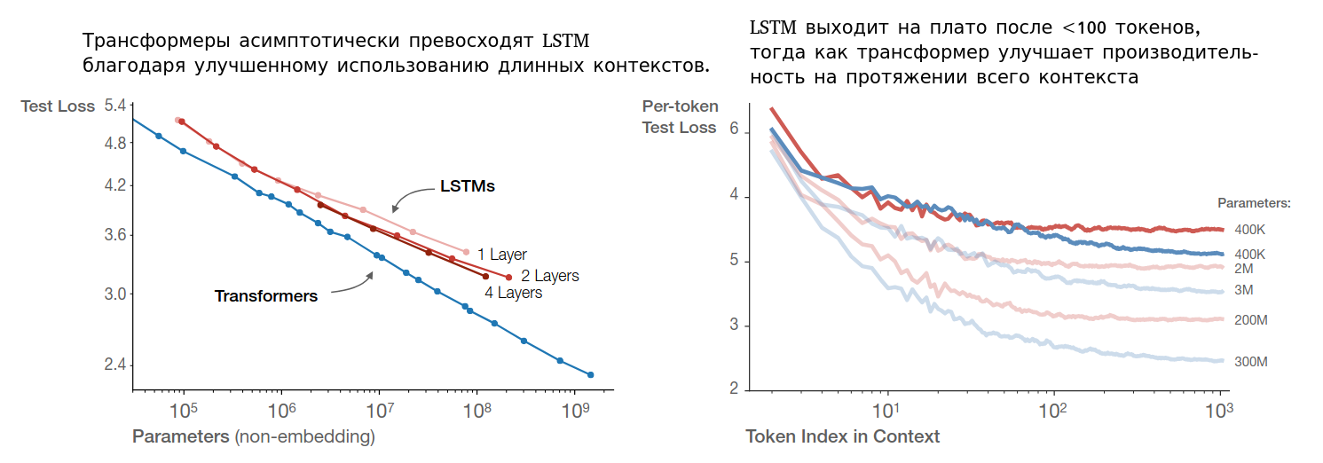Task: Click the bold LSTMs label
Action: pyautogui.click(x=468, y=187)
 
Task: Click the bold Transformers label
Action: pyautogui.click(x=266, y=296)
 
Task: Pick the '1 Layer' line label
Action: pyautogui.click(x=502, y=255)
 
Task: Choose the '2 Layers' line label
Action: pyautogui.click(x=549, y=276)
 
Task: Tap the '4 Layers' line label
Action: pyautogui.click(x=513, y=293)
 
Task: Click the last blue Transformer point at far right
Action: pyautogui.click(x=590, y=374)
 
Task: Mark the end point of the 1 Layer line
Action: pyautogui.click(x=466, y=252)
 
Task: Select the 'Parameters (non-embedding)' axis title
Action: pyautogui.click(x=254, y=436)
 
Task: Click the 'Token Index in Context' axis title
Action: pyautogui.click(x=843, y=436)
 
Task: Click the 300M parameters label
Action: pyautogui.click(x=1250, y=362)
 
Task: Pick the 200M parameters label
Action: pyautogui.click(x=1250, y=320)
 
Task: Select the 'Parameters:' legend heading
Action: pyautogui.click(x=1254, y=203)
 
